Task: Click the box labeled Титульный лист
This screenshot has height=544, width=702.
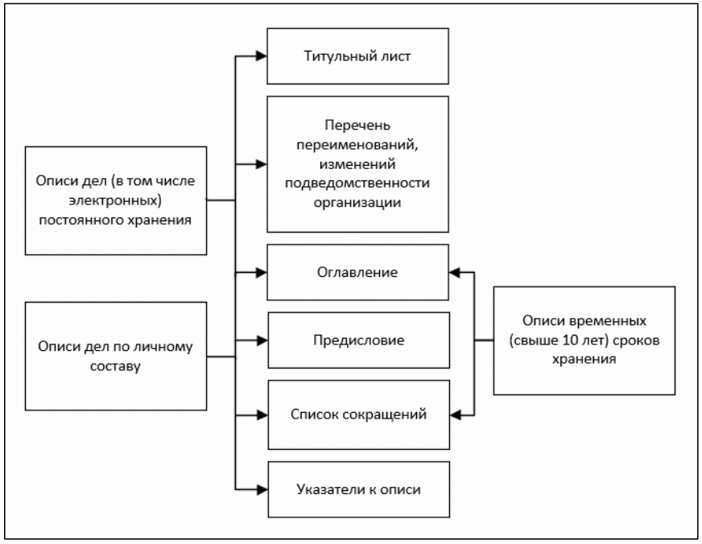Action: [x=358, y=56]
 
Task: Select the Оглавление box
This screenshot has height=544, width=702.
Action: [x=358, y=273]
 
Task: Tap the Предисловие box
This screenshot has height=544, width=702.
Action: [x=358, y=340]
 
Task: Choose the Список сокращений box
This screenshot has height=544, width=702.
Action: [x=358, y=414]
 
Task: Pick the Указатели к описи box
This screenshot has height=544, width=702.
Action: [x=358, y=488]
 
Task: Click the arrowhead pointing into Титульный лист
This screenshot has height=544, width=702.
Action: [x=261, y=56]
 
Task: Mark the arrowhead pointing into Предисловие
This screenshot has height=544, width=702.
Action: [x=261, y=341]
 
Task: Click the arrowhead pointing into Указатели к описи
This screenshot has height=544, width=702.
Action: [x=261, y=488]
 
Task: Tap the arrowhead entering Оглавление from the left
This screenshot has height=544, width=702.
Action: [x=261, y=273]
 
